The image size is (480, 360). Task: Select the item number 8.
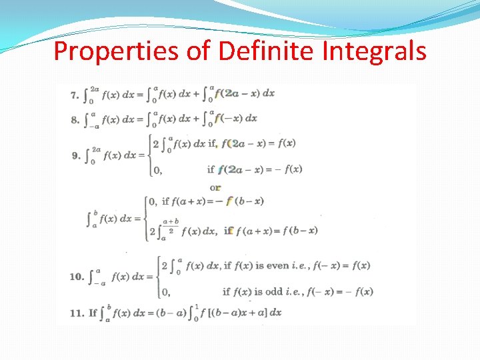[x=74, y=120]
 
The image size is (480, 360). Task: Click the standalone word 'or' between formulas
[x=215, y=187]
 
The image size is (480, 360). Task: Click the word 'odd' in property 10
[x=273, y=291]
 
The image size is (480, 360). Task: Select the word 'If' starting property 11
[x=93, y=312]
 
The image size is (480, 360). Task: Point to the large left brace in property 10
[x=158, y=276]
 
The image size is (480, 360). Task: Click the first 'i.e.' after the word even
[x=300, y=265]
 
